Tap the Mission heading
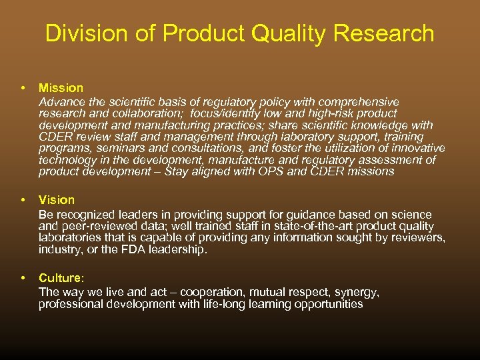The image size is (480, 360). (x=61, y=87)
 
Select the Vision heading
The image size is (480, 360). (x=57, y=199)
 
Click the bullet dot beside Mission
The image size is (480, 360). (x=23, y=87)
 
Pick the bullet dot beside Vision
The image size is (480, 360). (x=23, y=199)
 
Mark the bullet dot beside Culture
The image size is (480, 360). (x=23, y=277)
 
